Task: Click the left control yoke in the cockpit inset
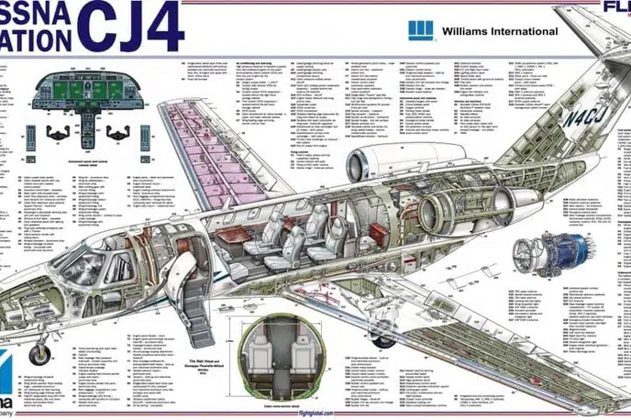(x=54, y=127)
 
